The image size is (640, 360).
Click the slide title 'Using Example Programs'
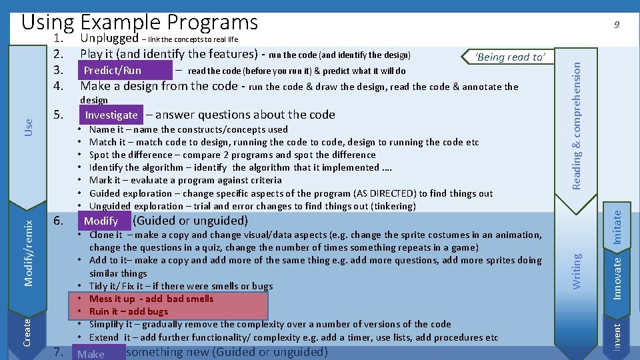click(x=140, y=22)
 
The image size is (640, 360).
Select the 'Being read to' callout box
click(x=510, y=57)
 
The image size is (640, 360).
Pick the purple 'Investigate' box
click(x=111, y=115)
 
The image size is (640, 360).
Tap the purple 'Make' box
click(x=91, y=353)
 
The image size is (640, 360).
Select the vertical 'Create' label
click(x=27, y=331)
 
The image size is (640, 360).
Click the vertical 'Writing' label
click(x=577, y=269)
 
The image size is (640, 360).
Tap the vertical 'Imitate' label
click(x=617, y=227)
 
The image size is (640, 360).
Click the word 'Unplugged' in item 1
click(x=109, y=39)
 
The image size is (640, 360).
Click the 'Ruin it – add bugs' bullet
click(x=129, y=311)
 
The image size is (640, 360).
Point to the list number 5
click(x=58, y=115)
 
